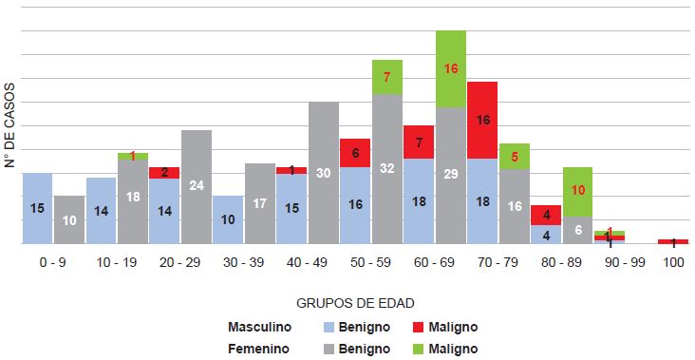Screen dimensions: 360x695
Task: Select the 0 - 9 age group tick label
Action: click(x=53, y=259)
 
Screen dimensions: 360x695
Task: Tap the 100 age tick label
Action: click(x=673, y=259)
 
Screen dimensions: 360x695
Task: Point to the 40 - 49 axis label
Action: click(x=308, y=259)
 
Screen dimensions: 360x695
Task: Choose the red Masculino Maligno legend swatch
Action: click(x=423, y=327)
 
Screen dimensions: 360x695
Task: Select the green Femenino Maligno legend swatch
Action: click(x=423, y=349)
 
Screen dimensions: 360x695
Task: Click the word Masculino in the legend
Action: click(x=259, y=327)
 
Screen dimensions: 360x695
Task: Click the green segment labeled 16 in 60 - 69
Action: click(x=451, y=68)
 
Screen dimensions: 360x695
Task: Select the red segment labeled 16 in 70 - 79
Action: click(x=482, y=120)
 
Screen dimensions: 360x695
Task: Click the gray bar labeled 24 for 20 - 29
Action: click(x=197, y=186)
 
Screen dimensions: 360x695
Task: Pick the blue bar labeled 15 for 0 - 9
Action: click(x=37, y=208)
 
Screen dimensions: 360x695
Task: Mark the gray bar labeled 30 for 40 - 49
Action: click(x=324, y=172)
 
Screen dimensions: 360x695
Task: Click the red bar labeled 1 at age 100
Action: click(x=673, y=241)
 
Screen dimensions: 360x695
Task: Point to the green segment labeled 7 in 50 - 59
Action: click(x=387, y=76)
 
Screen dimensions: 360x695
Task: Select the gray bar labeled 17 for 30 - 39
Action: click(x=260, y=203)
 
